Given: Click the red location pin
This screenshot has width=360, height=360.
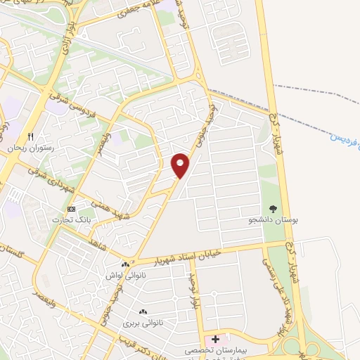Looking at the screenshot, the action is click(181, 165).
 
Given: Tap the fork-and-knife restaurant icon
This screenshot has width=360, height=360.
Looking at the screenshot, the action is click(30, 136).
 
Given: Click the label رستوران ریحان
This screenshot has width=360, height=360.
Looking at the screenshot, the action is click(26, 148).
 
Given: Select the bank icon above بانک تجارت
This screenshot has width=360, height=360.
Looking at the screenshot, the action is click(71, 209).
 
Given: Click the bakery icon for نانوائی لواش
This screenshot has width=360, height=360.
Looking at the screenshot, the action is click(125, 264).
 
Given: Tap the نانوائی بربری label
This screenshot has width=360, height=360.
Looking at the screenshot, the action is click(143, 323).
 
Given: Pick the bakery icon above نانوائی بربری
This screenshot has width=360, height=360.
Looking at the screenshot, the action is click(143, 311).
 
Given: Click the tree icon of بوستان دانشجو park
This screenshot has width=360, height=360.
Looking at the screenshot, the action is click(274, 208).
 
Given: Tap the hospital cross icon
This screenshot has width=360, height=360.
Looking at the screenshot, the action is click(215, 340).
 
